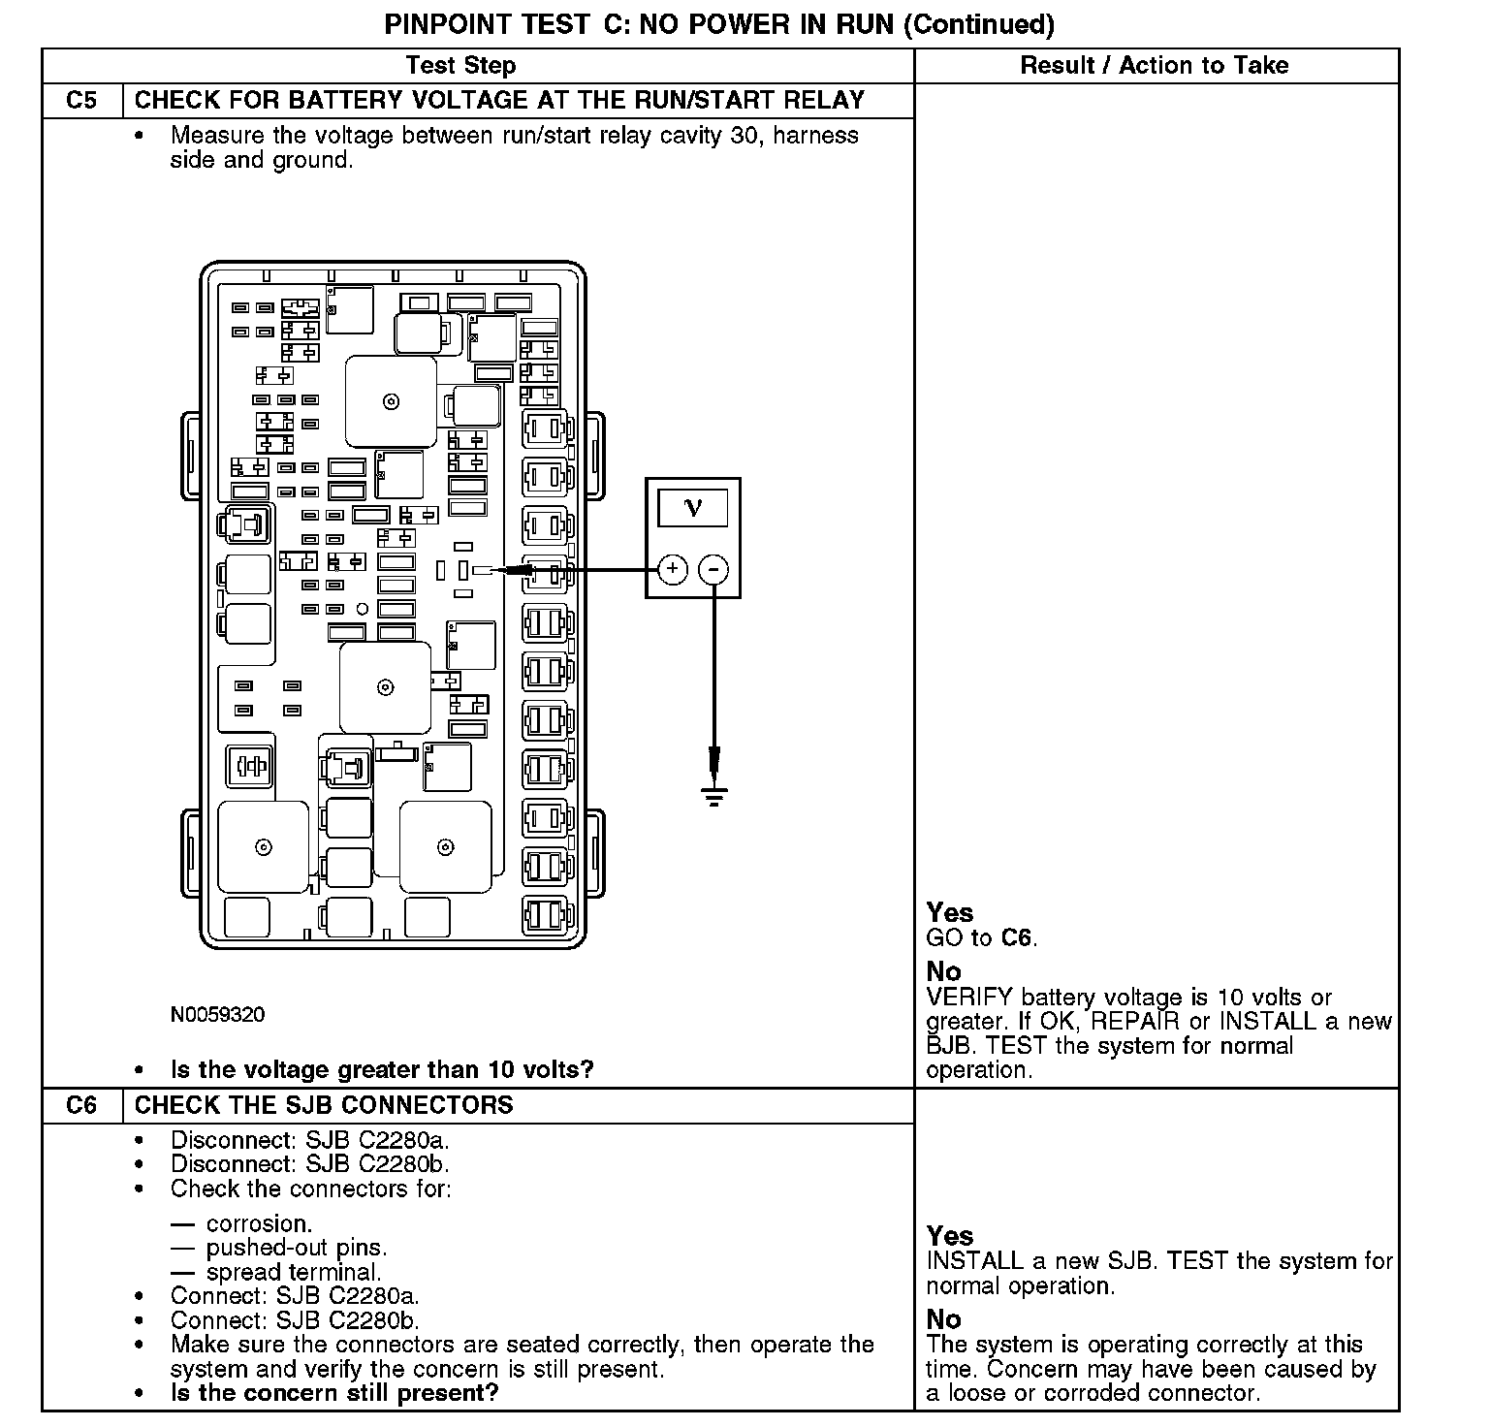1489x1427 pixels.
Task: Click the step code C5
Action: point(81,101)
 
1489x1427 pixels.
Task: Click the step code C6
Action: point(81,1105)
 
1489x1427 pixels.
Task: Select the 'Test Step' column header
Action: point(460,66)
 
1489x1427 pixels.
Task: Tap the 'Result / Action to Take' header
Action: point(1154,66)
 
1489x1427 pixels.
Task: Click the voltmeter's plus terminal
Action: point(673,569)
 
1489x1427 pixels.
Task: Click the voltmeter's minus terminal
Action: point(713,569)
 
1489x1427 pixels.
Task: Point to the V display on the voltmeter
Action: point(692,507)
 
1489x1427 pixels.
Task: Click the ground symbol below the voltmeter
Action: point(714,797)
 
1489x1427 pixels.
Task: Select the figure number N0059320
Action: point(217,1015)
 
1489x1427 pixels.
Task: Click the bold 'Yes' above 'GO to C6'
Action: point(949,912)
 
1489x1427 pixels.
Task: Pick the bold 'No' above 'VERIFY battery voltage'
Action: point(943,971)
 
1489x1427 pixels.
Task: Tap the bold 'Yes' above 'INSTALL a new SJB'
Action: point(949,1236)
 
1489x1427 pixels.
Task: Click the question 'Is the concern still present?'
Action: point(334,1393)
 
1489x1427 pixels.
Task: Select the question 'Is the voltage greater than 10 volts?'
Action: point(382,1070)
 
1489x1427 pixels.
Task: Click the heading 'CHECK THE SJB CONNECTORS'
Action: point(324,1105)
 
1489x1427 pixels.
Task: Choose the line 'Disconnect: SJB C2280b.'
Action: point(310,1163)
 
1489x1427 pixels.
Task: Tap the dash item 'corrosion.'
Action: point(259,1223)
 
